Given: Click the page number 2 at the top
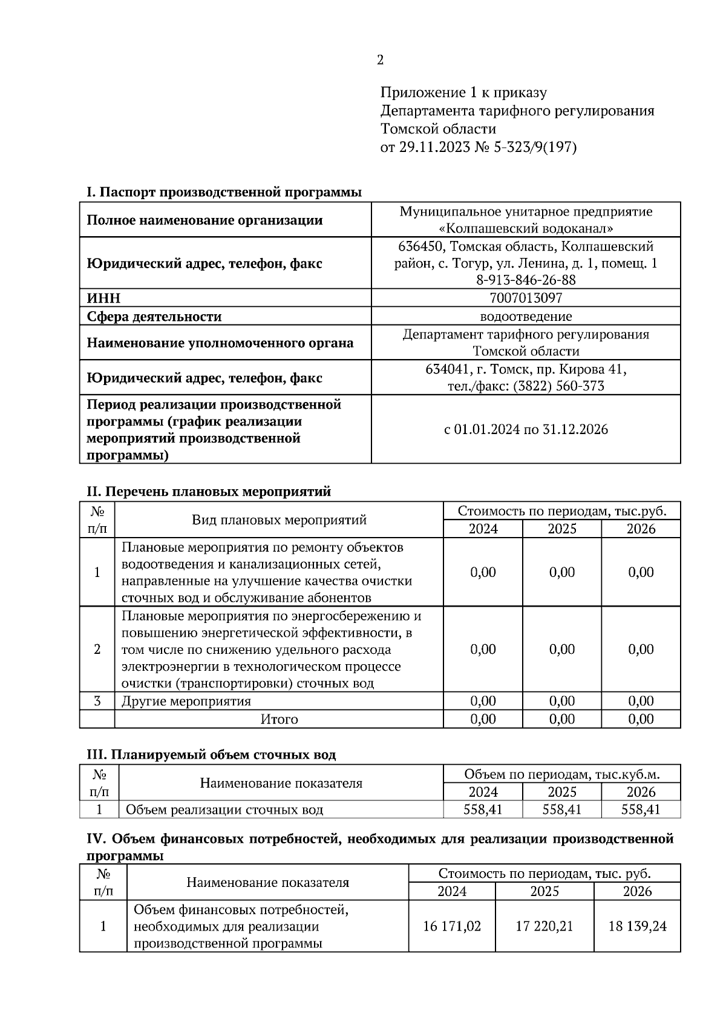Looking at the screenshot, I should point(380,60).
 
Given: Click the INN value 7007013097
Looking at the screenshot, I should point(526,298).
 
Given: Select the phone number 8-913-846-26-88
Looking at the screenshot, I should point(526,280).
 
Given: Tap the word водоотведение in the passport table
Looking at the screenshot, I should point(526,316).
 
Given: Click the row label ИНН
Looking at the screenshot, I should point(103,298).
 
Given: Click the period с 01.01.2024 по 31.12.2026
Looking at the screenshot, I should point(526,429).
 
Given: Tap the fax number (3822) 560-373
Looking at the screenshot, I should point(558,386).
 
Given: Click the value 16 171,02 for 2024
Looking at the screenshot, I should point(452,926).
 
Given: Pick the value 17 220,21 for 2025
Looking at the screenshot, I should point(544,926).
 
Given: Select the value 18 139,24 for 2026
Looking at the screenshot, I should point(637,926).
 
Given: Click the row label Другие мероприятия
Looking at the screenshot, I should point(186,701).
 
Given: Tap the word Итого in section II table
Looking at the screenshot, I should point(279,719).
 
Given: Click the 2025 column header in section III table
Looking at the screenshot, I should point(562,792).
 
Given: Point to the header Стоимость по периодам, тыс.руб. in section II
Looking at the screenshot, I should point(562,511).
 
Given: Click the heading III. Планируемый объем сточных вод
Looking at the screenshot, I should point(212,755).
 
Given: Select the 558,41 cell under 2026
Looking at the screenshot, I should point(641,809).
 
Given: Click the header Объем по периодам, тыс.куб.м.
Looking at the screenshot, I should point(562,774).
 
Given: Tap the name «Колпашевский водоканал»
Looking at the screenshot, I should point(526,228).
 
